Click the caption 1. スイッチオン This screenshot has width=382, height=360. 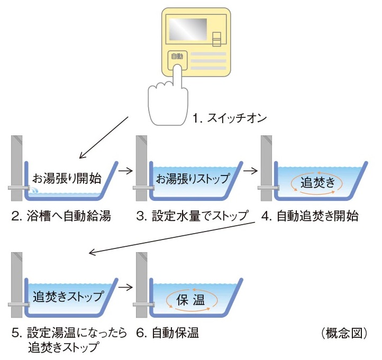[229, 119]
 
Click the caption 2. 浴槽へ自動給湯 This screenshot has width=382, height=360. [60, 216]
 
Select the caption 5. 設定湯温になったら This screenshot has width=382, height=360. [69, 333]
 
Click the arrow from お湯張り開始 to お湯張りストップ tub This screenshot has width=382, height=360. [125, 171]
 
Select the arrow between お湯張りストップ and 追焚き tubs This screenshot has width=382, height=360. [250, 171]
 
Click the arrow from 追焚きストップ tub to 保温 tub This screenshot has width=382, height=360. [125, 288]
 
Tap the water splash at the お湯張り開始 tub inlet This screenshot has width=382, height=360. [33, 191]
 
